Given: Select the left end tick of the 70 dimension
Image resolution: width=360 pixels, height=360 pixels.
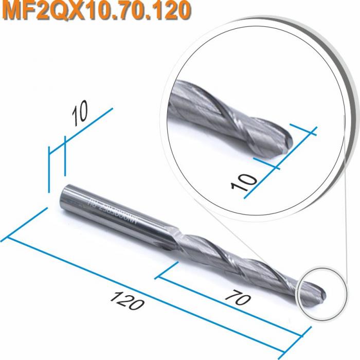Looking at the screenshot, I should [x=168, y=273].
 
